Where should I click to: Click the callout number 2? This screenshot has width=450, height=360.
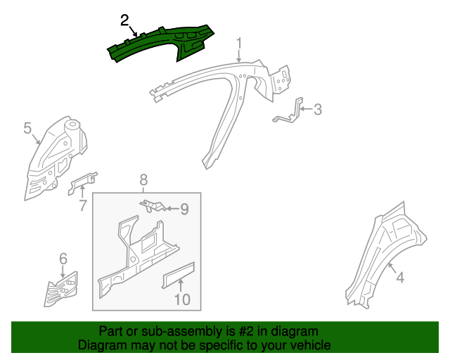pyautogui.click(x=124, y=20)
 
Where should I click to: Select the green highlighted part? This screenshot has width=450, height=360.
pyautogui.click(x=161, y=42)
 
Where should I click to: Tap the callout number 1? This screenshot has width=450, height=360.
pyautogui.click(x=239, y=44)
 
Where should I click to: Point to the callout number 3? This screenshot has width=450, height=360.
pyautogui.click(x=317, y=110)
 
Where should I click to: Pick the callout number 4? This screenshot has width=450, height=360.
pyautogui.click(x=400, y=278)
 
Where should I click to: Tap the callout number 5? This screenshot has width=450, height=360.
pyautogui.click(x=27, y=128)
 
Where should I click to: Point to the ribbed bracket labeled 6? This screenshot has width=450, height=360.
pyautogui.click(x=61, y=290)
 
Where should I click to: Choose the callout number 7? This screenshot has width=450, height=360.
pyautogui.click(x=83, y=205)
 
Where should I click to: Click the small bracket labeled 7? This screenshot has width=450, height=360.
pyautogui.click(x=83, y=183)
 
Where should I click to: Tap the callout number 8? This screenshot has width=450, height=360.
pyautogui.click(x=143, y=180)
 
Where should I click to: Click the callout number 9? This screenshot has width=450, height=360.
pyautogui.click(x=184, y=209)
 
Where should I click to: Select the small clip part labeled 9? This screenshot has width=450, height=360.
pyautogui.click(x=153, y=206)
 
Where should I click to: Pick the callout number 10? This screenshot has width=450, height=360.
pyautogui.click(x=183, y=300)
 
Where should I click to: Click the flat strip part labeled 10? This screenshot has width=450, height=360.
pyautogui.click(x=179, y=275)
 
